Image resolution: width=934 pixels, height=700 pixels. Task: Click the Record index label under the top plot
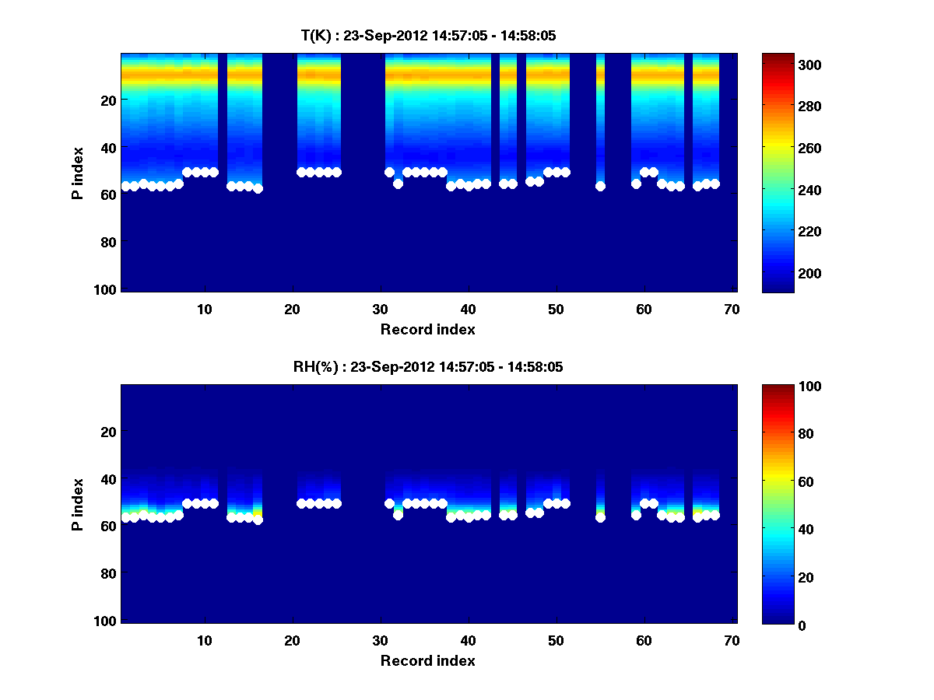(427, 329)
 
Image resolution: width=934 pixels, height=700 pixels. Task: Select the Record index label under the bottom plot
(427, 660)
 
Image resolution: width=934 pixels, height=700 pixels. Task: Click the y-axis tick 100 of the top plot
(105, 289)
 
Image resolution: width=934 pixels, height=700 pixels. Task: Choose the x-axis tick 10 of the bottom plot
(204, 640)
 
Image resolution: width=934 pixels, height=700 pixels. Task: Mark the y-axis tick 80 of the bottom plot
(108, 573)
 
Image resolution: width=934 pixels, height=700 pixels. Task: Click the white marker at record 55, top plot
(600, 186)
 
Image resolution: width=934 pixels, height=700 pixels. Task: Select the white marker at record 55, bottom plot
(600, 517)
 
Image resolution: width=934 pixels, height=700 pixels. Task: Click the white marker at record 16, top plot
(258, 188)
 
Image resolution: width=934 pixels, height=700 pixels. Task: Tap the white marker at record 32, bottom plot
(398, 515)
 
